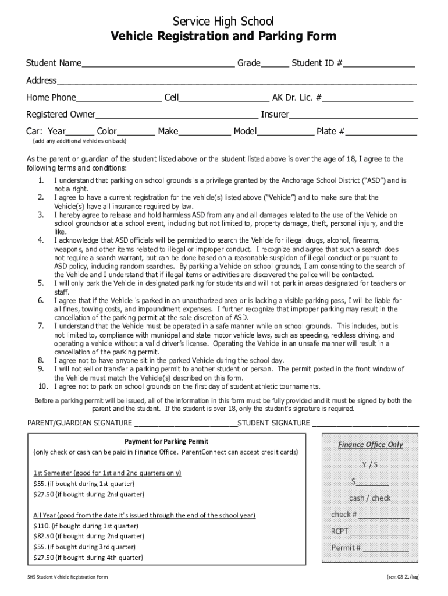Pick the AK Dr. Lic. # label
(x=297, y=97)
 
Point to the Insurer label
(x=275, y=114)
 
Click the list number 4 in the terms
(x=41, y=240)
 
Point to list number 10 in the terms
(x=42, y=386)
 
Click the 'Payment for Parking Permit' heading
(x=166, y=441)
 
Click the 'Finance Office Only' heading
(x=370, y=445)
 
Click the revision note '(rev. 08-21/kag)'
(x=403, y=577)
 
